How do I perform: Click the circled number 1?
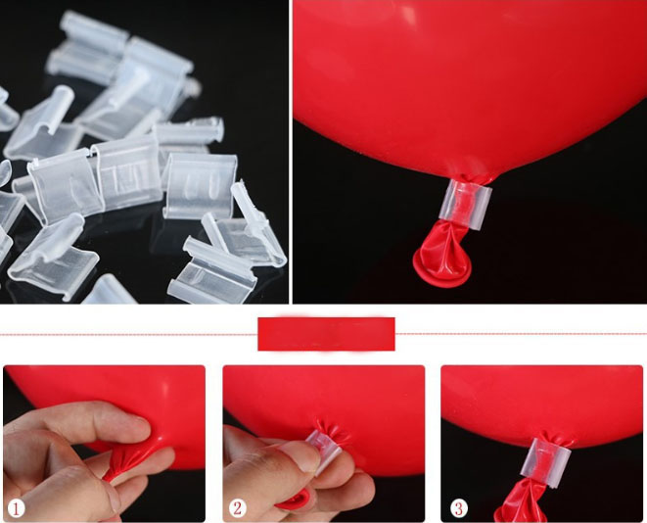tap(16, 508)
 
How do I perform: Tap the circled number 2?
tap(237, 508)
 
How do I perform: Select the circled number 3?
tap(459, 507)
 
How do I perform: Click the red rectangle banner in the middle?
tap(326, 334)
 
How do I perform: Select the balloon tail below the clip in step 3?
tap(521, 500)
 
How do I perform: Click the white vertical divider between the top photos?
tap(291, 152)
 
